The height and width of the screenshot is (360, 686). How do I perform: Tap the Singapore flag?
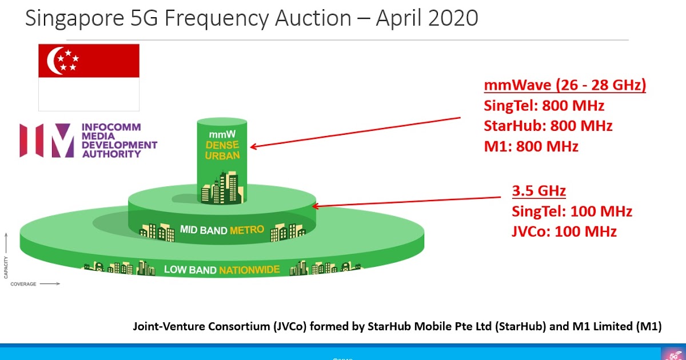[x=89, y=77]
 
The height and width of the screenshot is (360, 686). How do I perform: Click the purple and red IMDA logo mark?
[x=47, y=141]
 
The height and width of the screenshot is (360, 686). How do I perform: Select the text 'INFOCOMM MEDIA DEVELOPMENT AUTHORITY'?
[x=119, y=141]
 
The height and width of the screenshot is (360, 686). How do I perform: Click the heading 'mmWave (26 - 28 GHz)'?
[x=565, y=86]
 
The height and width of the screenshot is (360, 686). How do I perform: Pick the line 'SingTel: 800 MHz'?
[x=544, y=106]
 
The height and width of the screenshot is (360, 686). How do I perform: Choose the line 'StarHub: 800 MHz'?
[x=548, y=126]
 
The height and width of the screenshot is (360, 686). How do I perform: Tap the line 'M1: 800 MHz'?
[x=531, y=146]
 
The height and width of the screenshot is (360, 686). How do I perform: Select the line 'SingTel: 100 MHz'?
[x=572, y=211]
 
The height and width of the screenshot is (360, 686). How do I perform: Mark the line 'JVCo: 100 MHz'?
[x=564, y=231]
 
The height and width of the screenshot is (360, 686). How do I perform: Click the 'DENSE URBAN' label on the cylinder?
[x=222, y=150]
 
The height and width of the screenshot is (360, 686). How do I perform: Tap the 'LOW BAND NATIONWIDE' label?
[x=222, y=269]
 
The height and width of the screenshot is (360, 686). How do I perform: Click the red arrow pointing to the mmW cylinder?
[x=354, y=133]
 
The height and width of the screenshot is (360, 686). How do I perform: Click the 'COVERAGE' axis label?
[x=23, y=284]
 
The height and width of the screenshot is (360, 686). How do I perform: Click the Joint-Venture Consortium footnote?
[x=397, y=327]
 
